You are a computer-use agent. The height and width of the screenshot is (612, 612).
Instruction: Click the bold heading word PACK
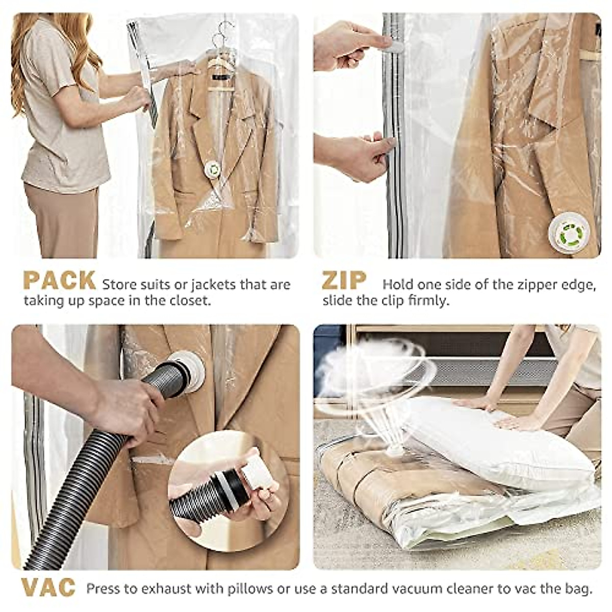[59, 281]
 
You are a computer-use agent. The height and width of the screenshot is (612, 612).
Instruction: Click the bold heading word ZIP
[345, 281]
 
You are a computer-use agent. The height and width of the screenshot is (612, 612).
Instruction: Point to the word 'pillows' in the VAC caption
[248, 589]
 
